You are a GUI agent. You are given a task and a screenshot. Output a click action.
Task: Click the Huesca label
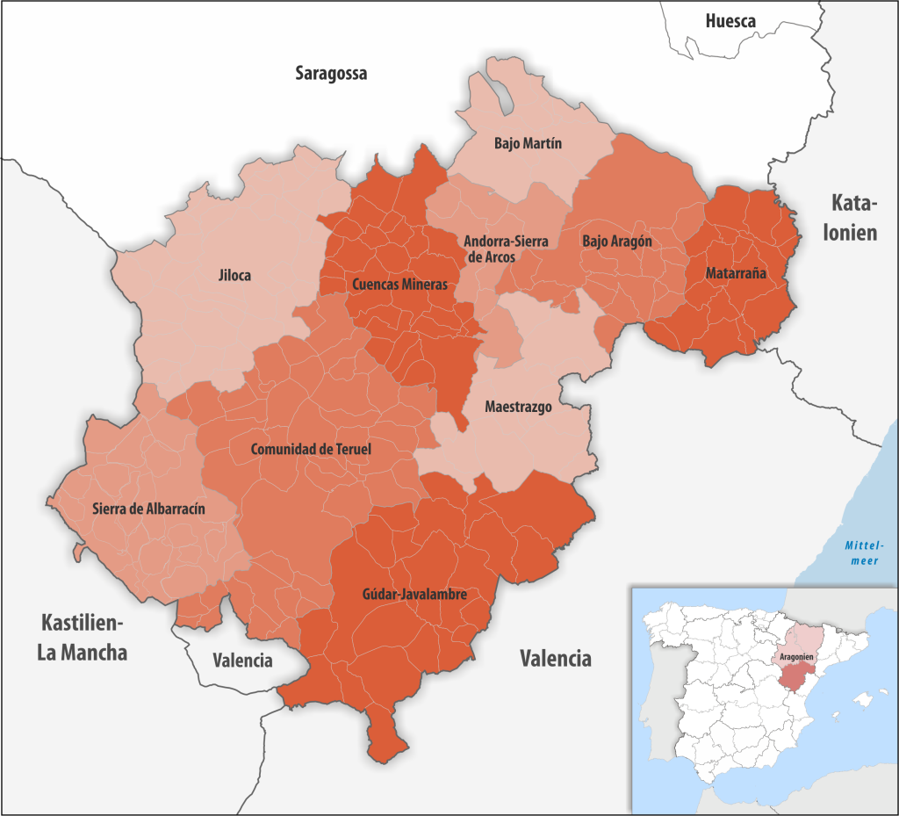point(730,21)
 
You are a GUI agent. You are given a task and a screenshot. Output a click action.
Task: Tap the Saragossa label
point(331,74)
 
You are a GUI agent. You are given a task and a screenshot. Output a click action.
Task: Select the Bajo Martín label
point(528,142)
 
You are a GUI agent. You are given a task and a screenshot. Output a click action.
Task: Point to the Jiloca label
point(234,276)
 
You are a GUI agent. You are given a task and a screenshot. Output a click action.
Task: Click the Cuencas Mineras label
point(399,285)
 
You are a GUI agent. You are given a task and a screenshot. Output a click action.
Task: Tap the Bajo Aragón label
point(617,240)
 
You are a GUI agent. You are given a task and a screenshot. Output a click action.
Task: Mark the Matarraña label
point(736,273)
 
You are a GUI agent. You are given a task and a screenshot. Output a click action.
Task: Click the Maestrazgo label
point(518,408)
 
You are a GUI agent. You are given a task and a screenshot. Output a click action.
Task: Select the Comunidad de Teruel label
point(311,449)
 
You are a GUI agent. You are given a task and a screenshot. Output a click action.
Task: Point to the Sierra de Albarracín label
point(148,508)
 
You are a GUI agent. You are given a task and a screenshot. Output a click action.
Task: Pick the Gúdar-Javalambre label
point(414,595)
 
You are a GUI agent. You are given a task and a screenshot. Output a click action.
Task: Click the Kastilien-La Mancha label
point(84,639)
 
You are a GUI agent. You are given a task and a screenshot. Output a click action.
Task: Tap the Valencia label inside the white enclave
point(243,661)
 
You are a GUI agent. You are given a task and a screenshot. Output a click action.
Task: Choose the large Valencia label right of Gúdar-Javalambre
point(555,658)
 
